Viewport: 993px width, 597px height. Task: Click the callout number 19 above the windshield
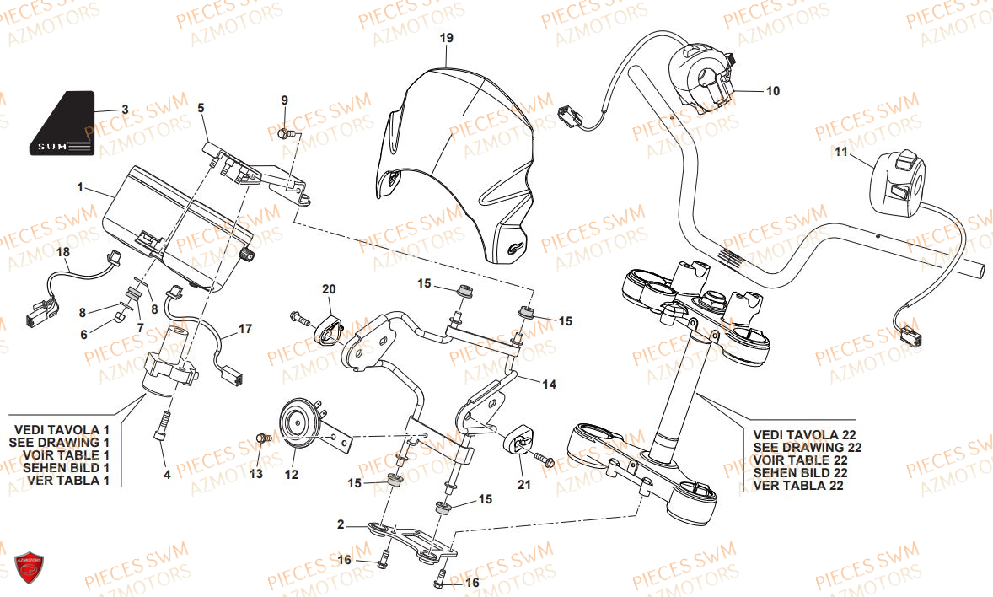click(x=446, y=38)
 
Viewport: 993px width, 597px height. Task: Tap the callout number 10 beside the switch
click(x=772, y=90)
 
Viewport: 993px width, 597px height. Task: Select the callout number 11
click(x=840, y=152)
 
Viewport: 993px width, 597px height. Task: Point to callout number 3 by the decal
click(x=125, y=110)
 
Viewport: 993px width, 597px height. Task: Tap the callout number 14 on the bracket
click(x=549, y=385)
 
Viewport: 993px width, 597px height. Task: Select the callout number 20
click(x=328, y=289)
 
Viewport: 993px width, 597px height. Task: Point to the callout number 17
click(x=244, y=329)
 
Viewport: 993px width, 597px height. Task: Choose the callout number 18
click(x=63, y=252)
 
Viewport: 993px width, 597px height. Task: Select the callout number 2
click(x=341, y=524)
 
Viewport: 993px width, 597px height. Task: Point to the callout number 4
click(x=167, y=475)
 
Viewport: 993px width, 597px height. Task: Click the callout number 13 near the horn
click(x=256, y=474)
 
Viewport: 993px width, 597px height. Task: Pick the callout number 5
click(x=201, y=107)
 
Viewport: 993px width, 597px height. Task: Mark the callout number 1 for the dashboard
click(x=80, y=187)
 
